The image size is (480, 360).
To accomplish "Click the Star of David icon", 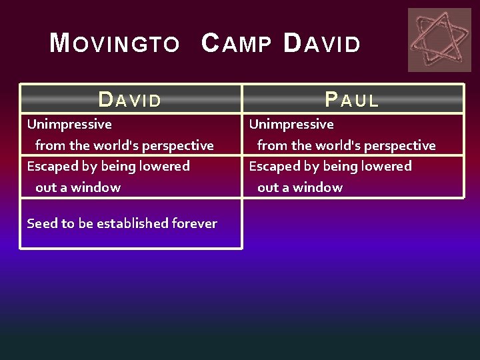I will (439, 39).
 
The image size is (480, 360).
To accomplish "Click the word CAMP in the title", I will (236, 45).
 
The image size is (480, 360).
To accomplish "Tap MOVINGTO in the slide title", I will (115, 45).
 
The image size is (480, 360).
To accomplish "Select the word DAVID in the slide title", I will (322, 45).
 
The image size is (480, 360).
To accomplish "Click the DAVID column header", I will (130, 100).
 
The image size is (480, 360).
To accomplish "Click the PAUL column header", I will (352, 100).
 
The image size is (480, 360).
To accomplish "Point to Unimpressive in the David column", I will (69, 125).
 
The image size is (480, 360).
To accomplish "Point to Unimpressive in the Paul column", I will (291, 125).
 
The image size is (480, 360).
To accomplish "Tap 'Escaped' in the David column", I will (52, 166).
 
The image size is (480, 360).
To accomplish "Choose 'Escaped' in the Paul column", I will (274, 166).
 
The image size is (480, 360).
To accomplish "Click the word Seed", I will (42, 224).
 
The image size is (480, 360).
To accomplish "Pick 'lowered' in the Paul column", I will (388, 166).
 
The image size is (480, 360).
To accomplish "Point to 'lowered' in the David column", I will (166, 166).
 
